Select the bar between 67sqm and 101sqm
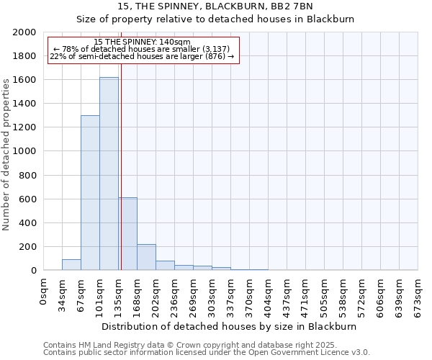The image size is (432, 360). point(90,193)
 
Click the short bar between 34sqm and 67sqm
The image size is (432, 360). point(71,265)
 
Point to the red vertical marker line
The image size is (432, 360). point(121,166)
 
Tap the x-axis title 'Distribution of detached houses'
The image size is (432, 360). point(230,326)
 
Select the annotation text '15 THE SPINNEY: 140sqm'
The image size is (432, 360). point(142,42)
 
